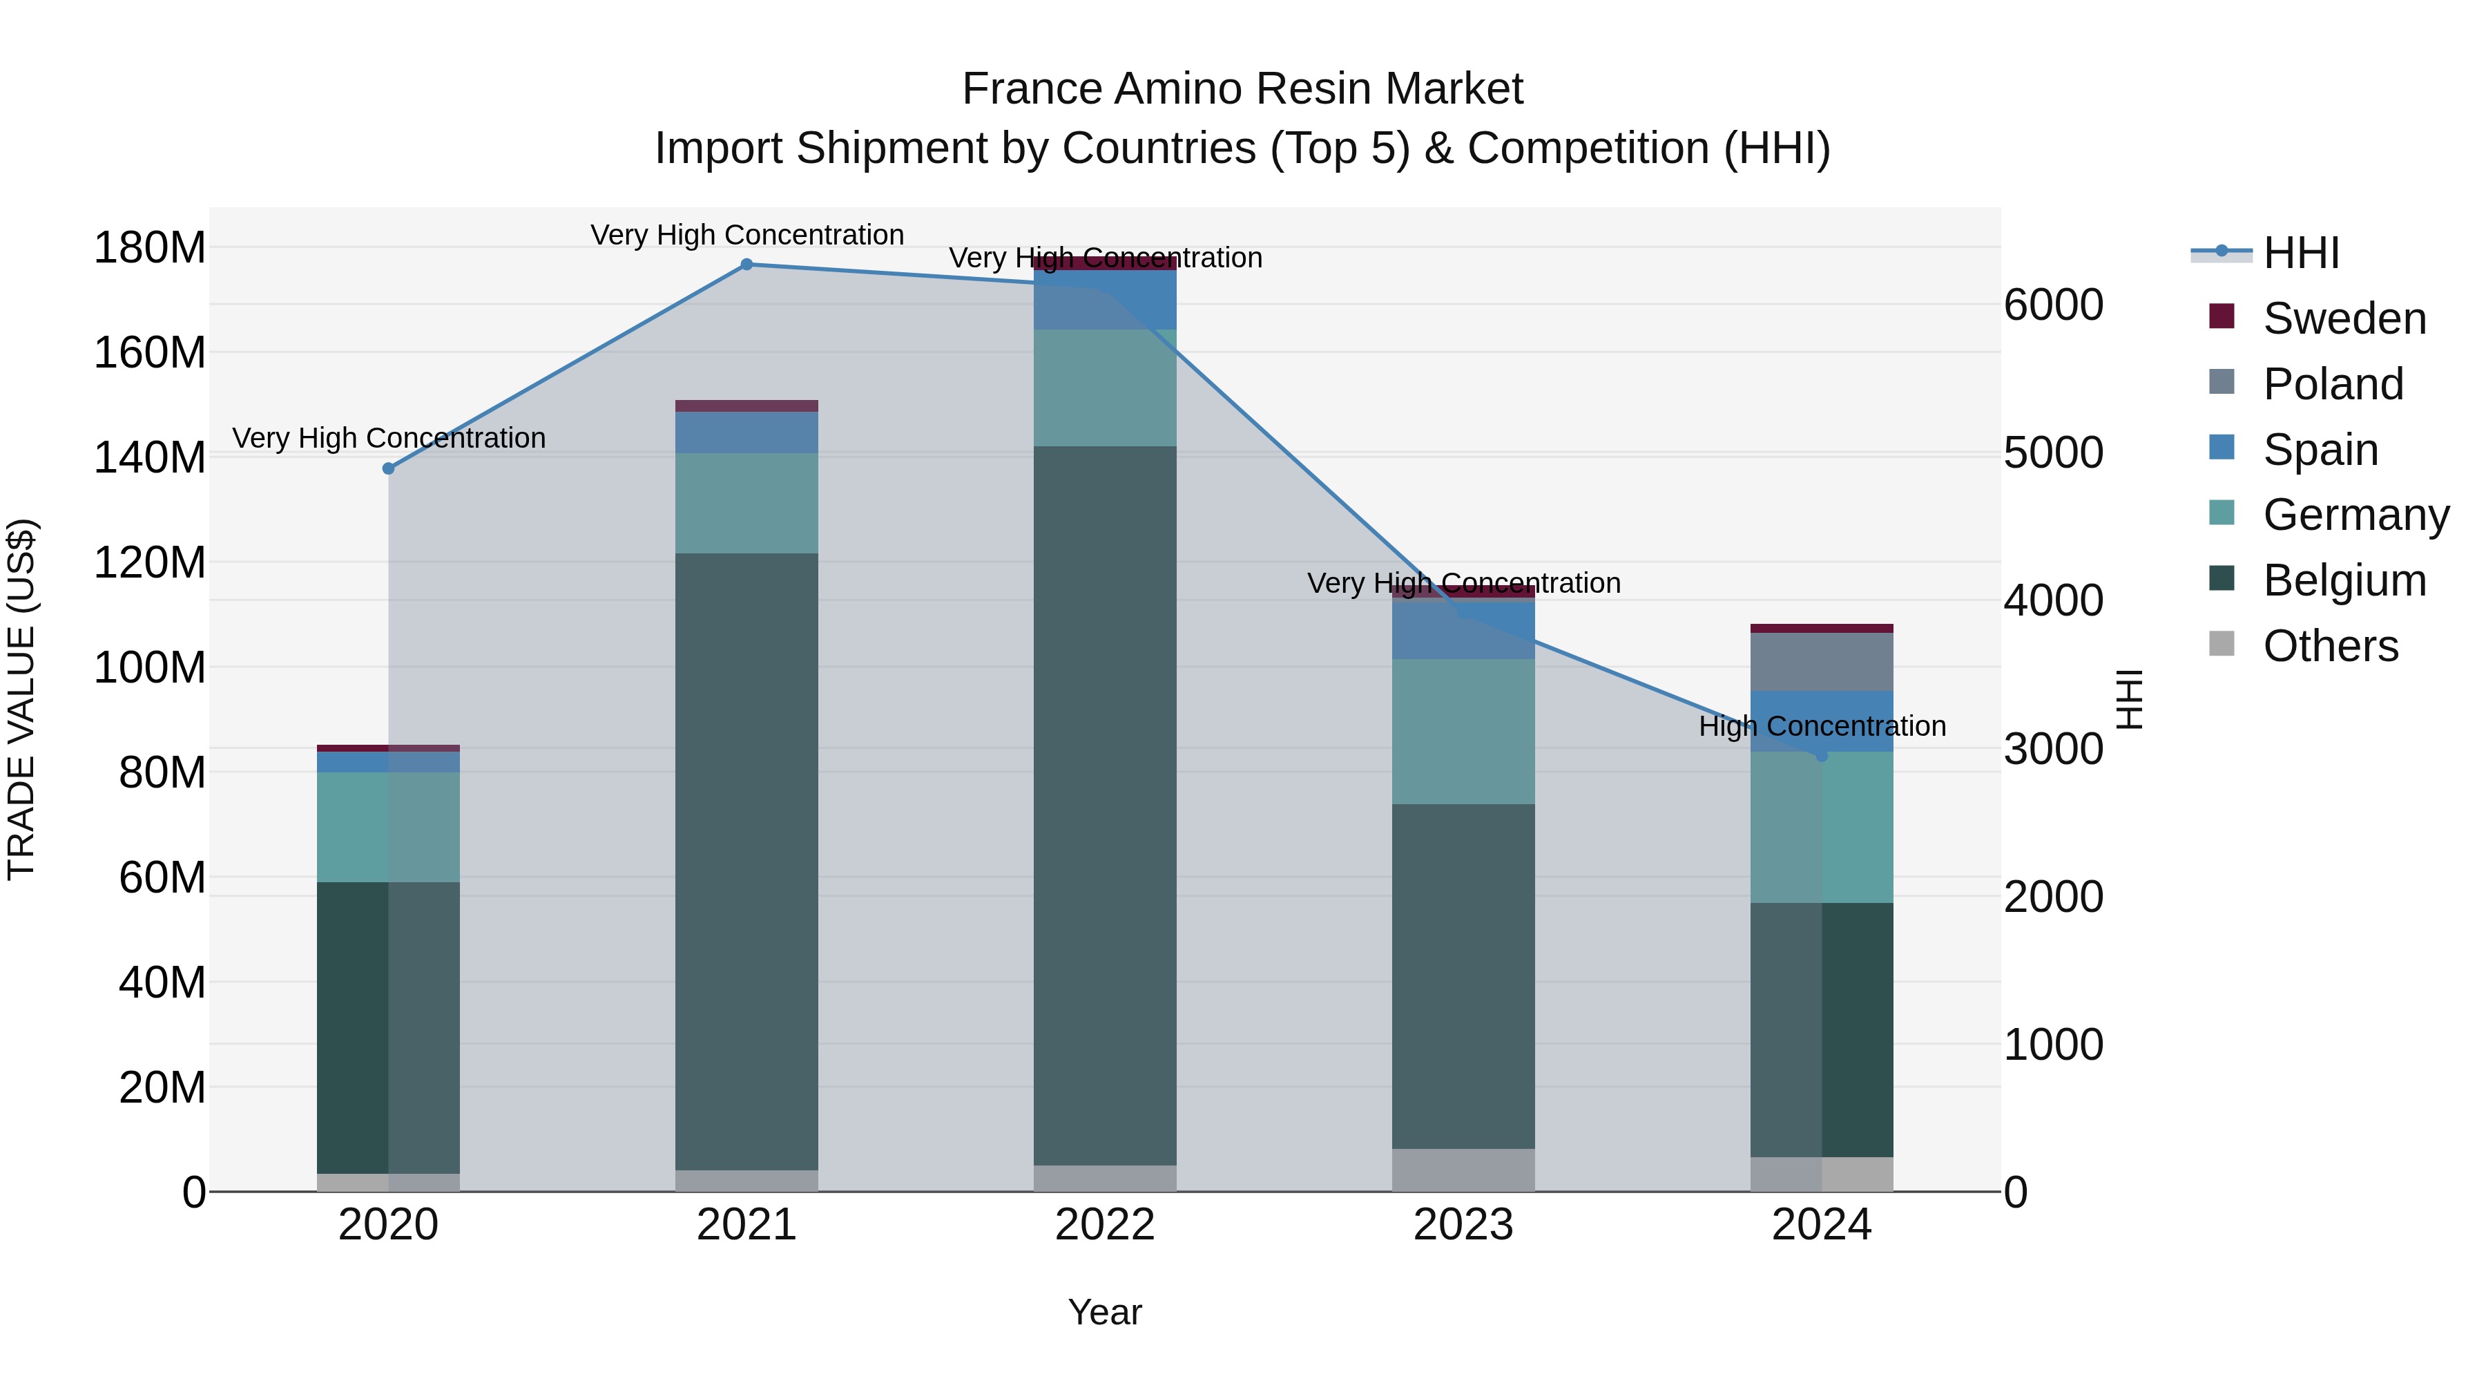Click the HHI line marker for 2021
(746, 264)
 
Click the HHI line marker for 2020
(388, 468)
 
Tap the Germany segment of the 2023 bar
(1463, 731)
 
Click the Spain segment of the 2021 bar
(746, 432)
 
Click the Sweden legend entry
(2343, 318)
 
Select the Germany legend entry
(2355, 515)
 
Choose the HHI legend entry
(2301, 253)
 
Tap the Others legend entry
(2330, 646)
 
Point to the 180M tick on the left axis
(150, 248)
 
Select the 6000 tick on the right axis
(2054, 305)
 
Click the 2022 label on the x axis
(1104, 1225)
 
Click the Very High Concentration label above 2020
(388, 438)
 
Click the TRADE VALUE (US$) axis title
(21, 699)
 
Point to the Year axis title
(1104, 1312)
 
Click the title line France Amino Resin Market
(1242, 89)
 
